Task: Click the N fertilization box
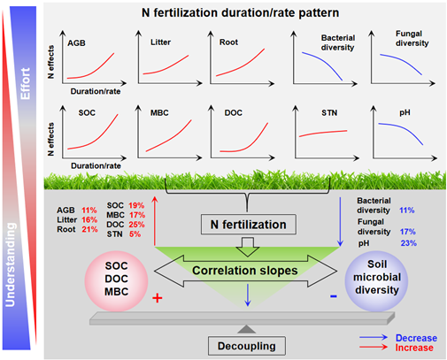[249, 225]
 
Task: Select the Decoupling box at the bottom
[247, 346]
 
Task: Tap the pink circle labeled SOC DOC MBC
[116, 281]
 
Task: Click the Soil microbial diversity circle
[376, 281]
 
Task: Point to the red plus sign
[158, 298]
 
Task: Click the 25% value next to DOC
[136, 225]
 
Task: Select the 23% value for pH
[409, 243]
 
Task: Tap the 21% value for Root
[89, 229]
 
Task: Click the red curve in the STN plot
[323, 133]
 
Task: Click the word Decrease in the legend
[416, 338]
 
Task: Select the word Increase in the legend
[414, 348]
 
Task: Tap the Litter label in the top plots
[160, 42]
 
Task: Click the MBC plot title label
[159, 113]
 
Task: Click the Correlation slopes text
[245, 271]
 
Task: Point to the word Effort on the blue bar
[25, 83]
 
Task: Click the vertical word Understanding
[11, 264]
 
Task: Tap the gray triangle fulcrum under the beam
[247, 329]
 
